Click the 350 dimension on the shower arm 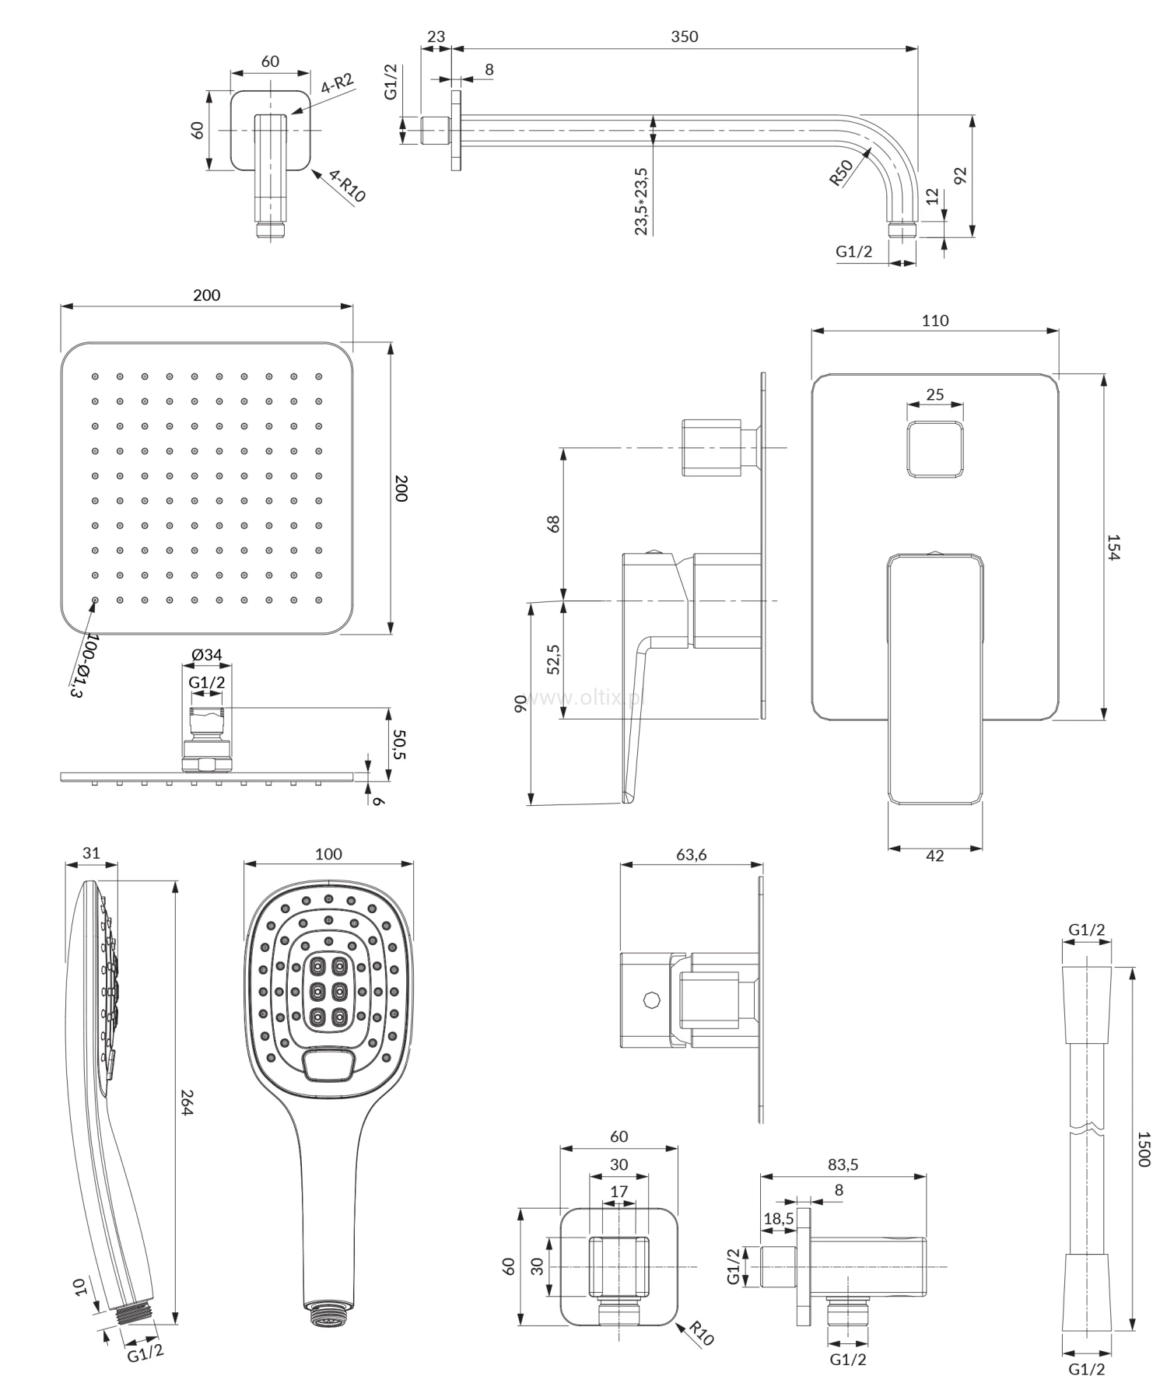(684, 37)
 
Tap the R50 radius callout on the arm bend (841, 173)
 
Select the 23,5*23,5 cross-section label (642, 201)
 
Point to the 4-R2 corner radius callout (337, 83)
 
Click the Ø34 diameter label (207, 655)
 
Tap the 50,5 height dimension (400, 744)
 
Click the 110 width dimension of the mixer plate (934, 320)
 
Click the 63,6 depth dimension (691, 855)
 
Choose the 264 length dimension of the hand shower (186, 1101)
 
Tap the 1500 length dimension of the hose (1143, 1148)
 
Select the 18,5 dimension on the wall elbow (778, 1218)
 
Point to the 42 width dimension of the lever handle (935, 856)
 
